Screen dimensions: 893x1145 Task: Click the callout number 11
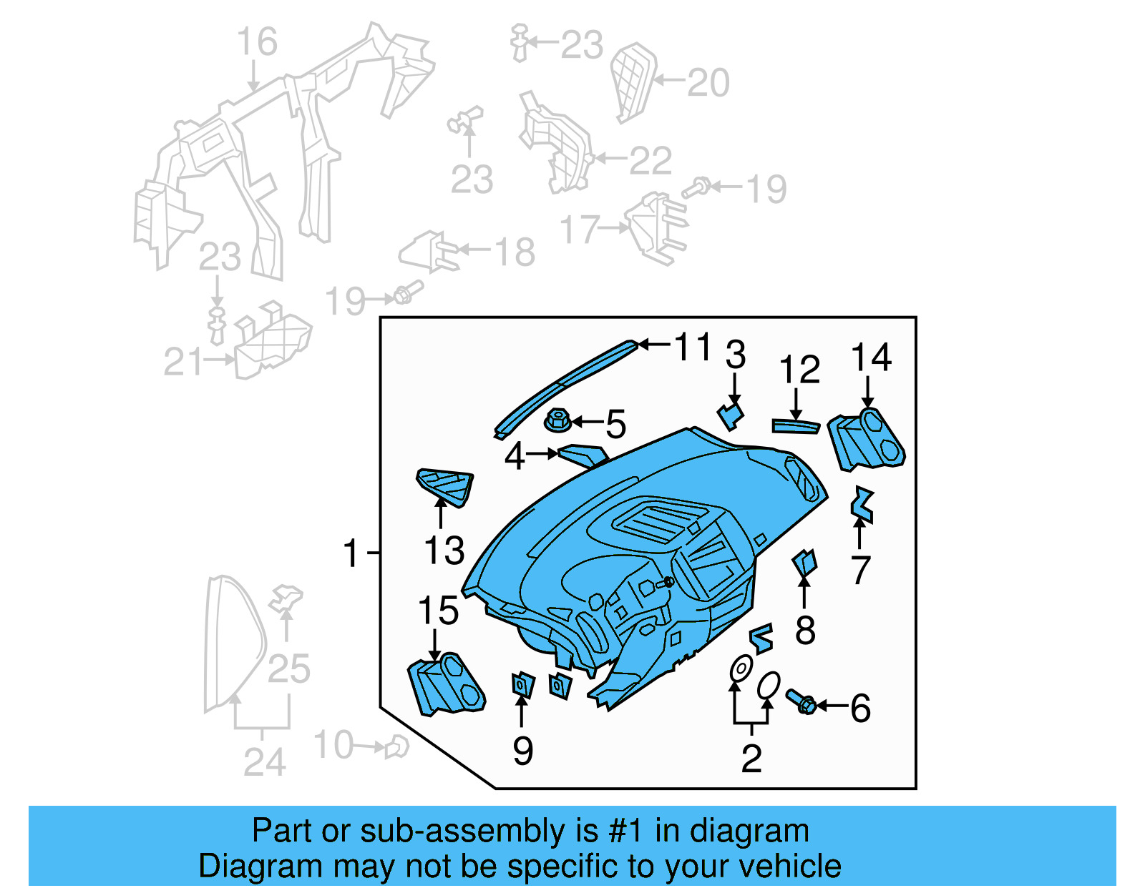tap(692, 347)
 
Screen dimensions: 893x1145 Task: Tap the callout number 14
tap(871, 357)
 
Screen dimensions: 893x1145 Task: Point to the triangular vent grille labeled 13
tap(445, 486)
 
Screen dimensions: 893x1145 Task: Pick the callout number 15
tap(437, 611)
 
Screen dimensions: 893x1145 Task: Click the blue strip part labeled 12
tap(795, 426)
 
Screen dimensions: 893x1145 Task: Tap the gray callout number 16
tap(257, 42)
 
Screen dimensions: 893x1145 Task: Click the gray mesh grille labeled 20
tap(633, 81)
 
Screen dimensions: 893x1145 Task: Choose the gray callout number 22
tap(650, 161)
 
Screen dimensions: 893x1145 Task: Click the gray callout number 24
tap(264, 762)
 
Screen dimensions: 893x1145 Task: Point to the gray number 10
tap(333, 745)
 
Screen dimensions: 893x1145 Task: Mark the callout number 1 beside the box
tap(350, 553)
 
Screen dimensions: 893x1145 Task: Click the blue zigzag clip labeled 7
tap(862, 504)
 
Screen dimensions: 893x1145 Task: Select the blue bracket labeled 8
tap(805, 563)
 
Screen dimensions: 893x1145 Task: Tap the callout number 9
tap(522, 751)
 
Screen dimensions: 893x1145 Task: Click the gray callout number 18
tap(515, 252)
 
